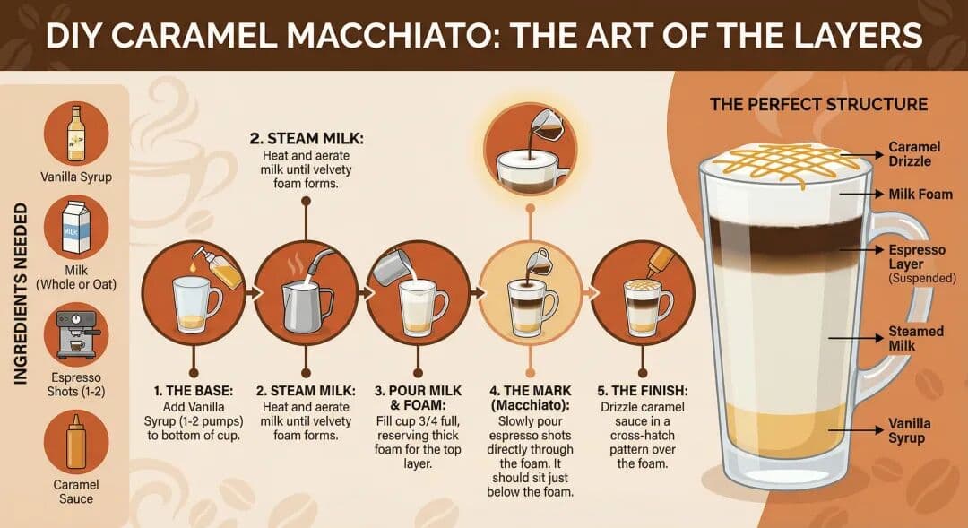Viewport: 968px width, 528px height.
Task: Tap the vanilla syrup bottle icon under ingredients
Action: (76, 133)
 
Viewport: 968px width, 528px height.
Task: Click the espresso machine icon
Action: (76, 333)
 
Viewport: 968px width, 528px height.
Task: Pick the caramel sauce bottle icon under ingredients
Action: (76, 442)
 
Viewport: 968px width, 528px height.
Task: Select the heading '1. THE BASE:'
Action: (192, 391)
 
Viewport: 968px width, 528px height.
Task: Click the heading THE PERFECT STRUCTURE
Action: (818, 104)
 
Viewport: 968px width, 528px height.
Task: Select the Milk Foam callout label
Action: (920, 195)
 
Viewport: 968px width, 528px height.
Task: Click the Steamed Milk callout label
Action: (914, 338)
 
